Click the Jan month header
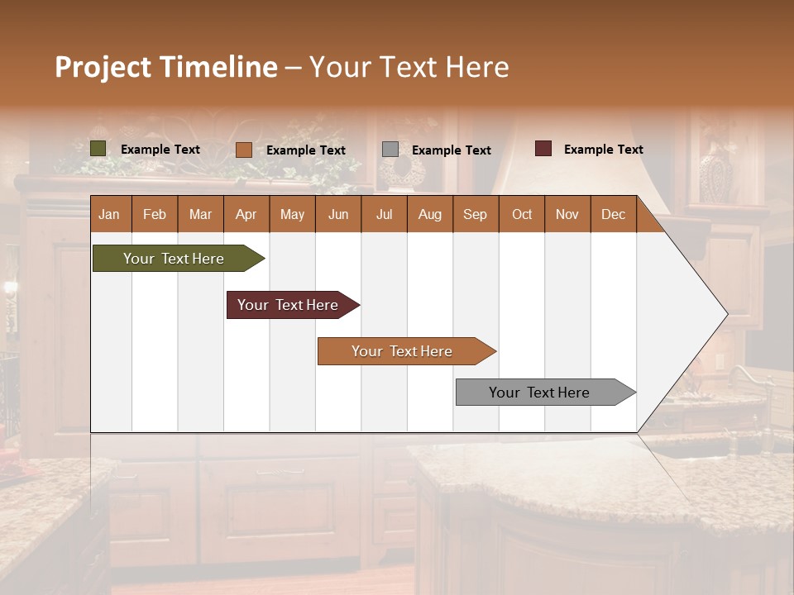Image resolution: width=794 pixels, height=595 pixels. pos(109,214)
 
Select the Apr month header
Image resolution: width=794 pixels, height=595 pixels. pos(246,214)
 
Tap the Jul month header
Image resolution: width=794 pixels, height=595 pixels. pos(384,214)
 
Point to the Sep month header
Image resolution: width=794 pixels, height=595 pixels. pos(475,214)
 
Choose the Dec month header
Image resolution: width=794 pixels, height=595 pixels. pos(613,214)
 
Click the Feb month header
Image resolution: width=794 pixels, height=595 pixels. pos(155,214)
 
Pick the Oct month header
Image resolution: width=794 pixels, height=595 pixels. pos(522,214)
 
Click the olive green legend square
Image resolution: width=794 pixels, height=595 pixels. pos(98,149)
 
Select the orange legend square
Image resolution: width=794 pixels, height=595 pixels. pos(244,150)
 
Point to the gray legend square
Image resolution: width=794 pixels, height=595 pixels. pos(390,150)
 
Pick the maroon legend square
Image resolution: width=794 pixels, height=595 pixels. pos(543,149)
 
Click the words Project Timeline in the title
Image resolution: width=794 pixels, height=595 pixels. pos(165,67)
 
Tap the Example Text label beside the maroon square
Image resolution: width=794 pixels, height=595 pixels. pos(603,150)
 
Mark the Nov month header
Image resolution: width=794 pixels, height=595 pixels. pos(567,214)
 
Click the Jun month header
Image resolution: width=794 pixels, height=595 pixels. pos(338,214)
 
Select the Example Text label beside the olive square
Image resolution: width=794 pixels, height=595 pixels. pos(160,150)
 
